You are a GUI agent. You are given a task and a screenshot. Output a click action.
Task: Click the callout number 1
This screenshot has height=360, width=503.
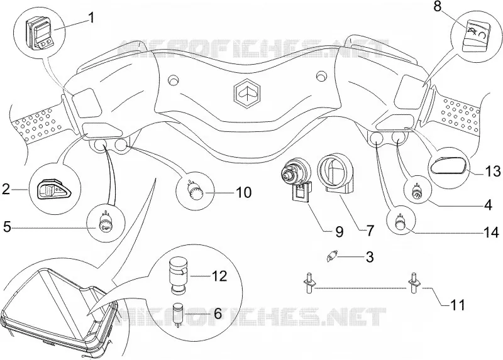tap(91, 18)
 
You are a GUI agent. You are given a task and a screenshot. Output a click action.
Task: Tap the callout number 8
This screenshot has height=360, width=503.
tap(438, 7)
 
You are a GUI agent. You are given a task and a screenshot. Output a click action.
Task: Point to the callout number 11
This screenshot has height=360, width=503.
tap(458, 305)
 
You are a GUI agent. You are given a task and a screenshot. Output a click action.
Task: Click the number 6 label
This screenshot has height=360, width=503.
tap(218, 314)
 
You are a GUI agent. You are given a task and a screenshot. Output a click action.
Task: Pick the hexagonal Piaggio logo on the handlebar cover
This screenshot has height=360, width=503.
tap(246, 91)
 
